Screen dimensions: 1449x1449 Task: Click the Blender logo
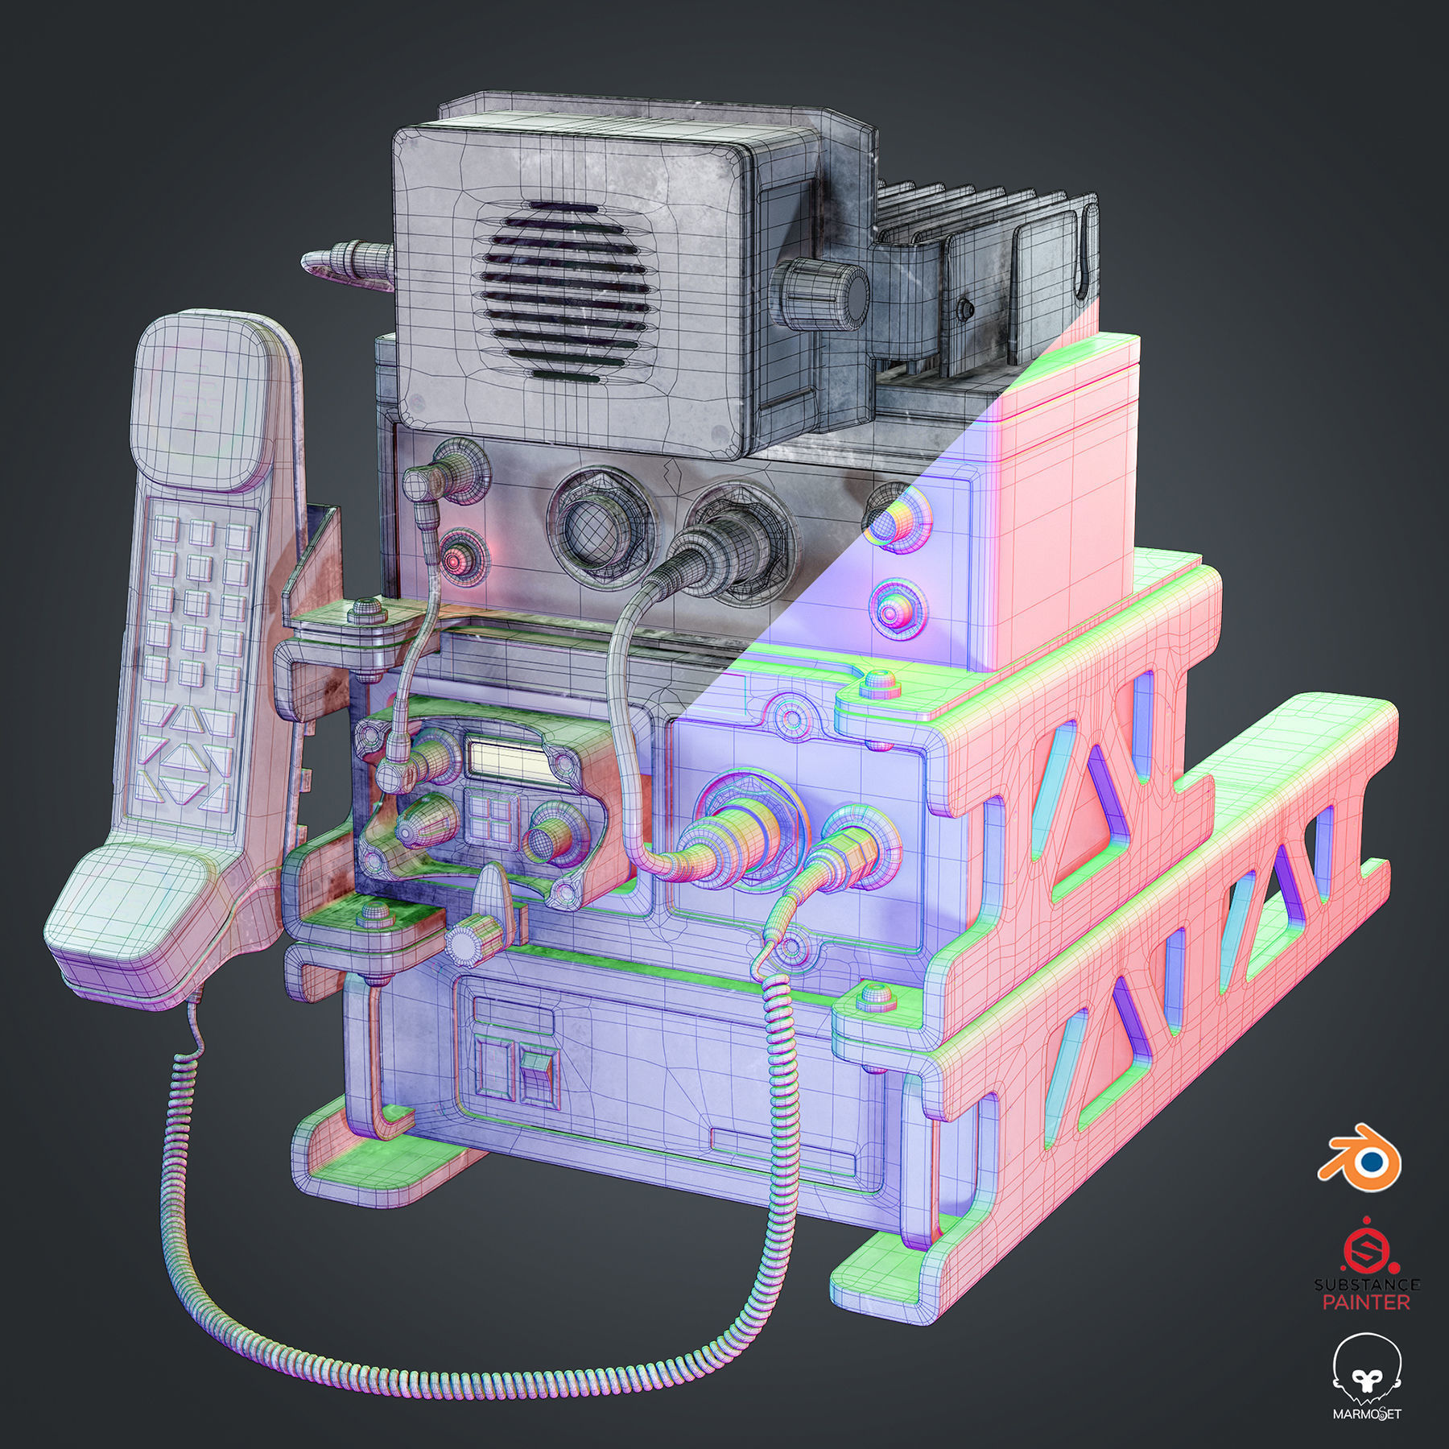tap(1359, 1154)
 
